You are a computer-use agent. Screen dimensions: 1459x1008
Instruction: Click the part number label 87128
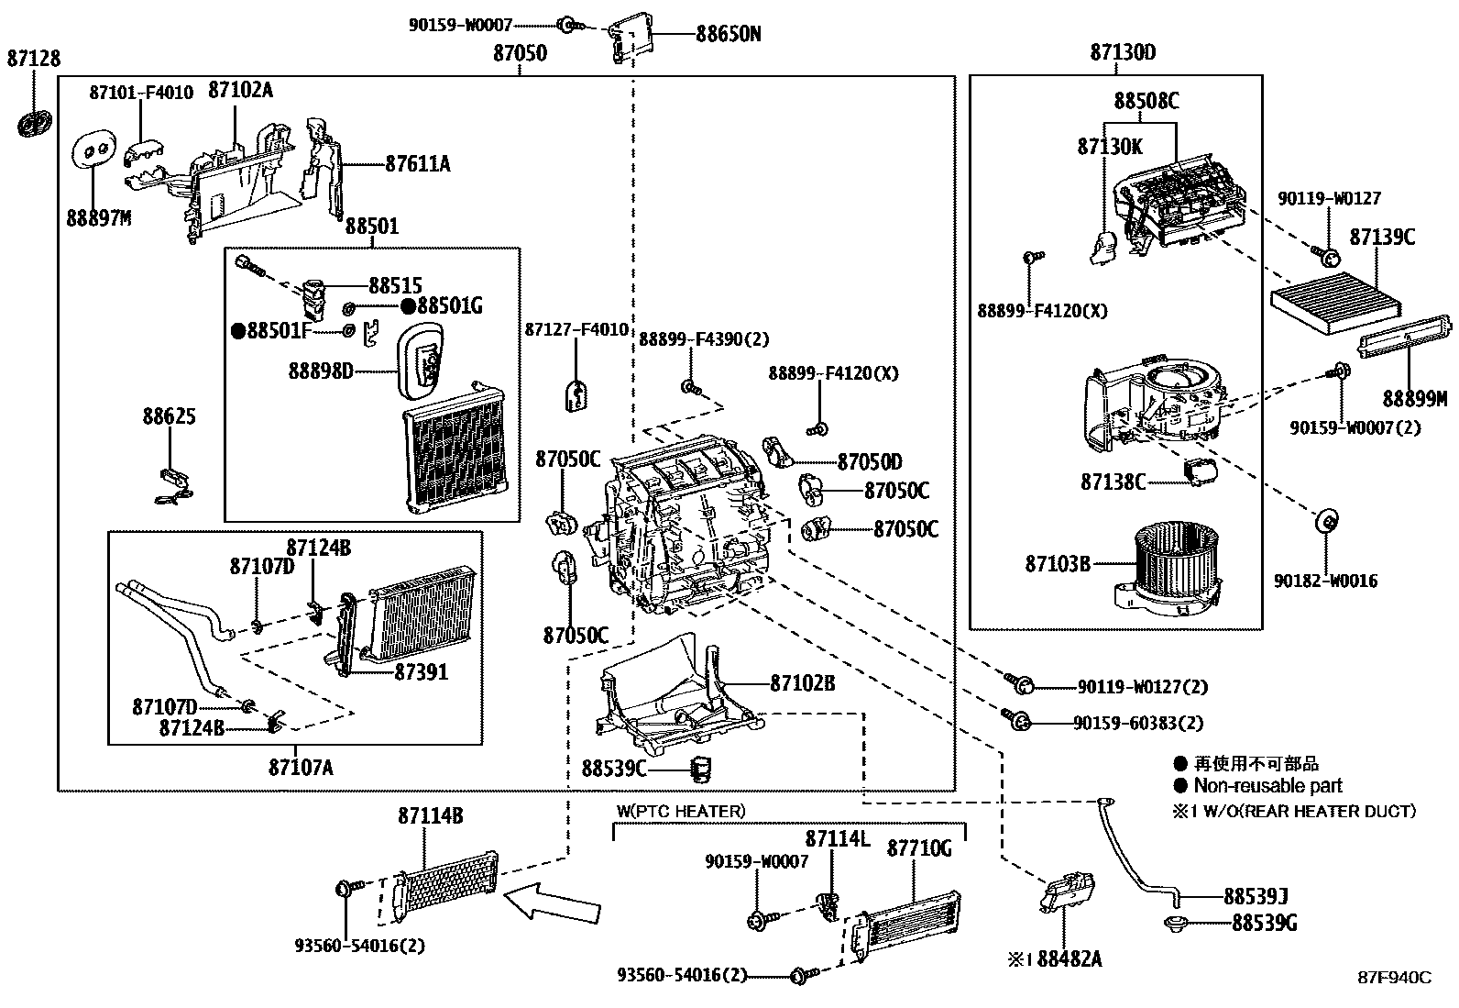[x=34, y=59]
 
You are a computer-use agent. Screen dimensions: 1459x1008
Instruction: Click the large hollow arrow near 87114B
[x=553, y=903]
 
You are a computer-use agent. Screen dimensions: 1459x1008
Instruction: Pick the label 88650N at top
[x=729, y=34]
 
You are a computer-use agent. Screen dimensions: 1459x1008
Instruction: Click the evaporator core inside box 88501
[x=455, y=449]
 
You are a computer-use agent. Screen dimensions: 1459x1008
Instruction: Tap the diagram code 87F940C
[x=1395, y=978]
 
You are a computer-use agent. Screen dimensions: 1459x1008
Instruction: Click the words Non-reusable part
[x=1267, y=786]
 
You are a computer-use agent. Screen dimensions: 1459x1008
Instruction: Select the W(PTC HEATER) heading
[x=681, y=811]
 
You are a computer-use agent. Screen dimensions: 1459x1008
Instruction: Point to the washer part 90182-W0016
[x=1326, y=521]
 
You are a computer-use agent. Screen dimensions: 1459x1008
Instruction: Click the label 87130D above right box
[x=1123, y=52]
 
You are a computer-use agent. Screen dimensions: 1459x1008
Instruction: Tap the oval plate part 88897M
[x=93, y=149]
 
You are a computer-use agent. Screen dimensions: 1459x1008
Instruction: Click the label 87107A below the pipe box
[x=301, y=768]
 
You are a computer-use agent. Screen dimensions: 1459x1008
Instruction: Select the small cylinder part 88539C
[x=700, y=770]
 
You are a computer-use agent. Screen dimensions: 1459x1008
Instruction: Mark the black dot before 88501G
[x=409, y=305]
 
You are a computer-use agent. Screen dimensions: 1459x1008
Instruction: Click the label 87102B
[x=803, y=683]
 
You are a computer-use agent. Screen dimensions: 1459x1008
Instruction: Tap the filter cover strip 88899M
[x=1405, y=337]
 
